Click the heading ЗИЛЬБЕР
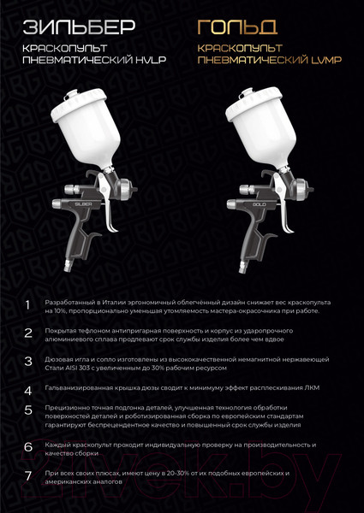[79, 27]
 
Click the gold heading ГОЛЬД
[237, 27]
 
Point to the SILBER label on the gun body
[83, 203]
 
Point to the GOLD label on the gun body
[260, 204]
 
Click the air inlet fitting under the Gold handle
[242, 266]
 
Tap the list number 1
[27, 305]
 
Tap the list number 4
[28, 391]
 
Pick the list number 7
[28, 476]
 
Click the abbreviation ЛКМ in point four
[313, 388]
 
